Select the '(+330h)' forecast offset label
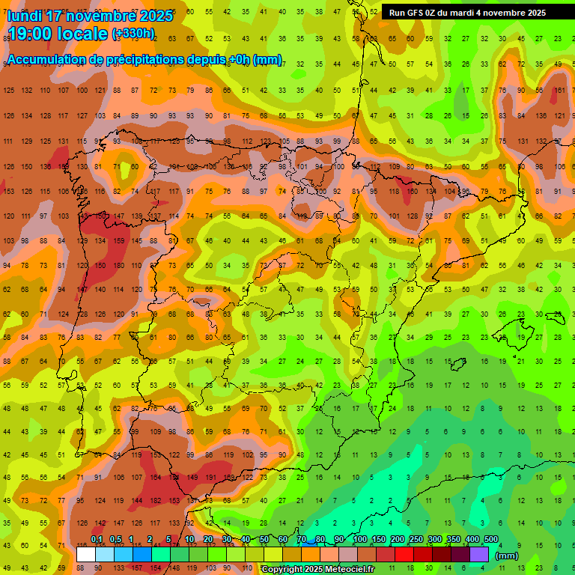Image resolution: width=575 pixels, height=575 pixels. (133, 34)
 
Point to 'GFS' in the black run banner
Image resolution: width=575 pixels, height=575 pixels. (417, 13)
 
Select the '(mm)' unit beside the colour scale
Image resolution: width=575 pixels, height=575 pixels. (507, 556)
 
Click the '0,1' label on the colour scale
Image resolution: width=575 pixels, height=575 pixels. (97, 540)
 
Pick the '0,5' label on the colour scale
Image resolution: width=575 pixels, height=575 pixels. (115, 540)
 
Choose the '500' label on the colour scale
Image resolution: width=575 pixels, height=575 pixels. (490, 540)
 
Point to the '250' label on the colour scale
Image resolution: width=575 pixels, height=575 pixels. (416, 540)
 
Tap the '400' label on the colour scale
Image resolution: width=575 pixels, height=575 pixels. (472, 540)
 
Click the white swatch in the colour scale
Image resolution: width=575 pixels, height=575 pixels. (86, 554)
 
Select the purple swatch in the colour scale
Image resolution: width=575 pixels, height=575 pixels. (479, 554)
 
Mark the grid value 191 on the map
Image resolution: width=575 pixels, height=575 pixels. (210, 477)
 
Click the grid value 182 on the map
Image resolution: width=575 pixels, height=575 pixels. (156, 500)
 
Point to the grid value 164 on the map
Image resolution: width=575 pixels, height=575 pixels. (156, 477)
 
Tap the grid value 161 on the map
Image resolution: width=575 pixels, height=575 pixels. (559, 91)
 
